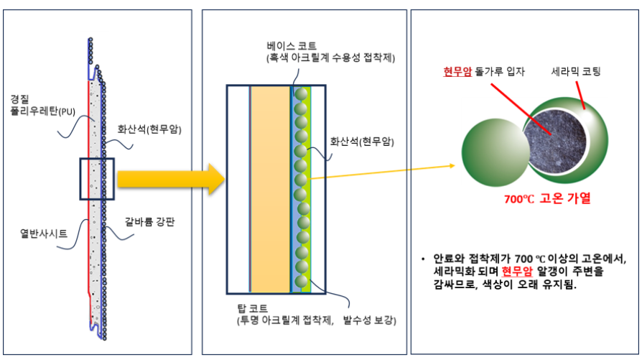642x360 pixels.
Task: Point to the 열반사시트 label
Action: click(x=42, y=233)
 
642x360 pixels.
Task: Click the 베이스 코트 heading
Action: click(x=291, y=45)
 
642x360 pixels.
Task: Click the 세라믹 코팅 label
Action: click(x=574, y=72)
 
